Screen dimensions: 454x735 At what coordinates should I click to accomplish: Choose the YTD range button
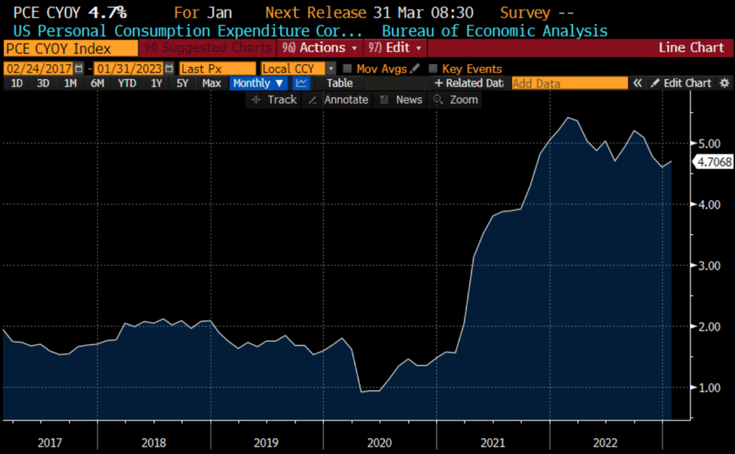tap(127, 83)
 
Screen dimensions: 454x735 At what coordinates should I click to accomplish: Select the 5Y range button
tap(183, 83)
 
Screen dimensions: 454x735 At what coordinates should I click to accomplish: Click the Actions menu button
tap(321, 48)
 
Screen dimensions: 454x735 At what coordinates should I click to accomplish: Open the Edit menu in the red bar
tap(395, 48)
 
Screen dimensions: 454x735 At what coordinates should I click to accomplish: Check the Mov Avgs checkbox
tap(348, 69)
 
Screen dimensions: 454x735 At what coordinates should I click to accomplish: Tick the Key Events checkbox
tap(433, 69)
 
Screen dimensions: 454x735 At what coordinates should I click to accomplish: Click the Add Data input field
tap(569, 83)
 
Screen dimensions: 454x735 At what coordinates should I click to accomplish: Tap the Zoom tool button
tap(456, 100)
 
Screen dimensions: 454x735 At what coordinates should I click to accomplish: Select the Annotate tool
tap(338, 100)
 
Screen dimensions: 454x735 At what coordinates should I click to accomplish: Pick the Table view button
tap(340, 83)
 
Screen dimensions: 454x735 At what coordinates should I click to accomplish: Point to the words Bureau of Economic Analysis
tap(495, 31)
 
